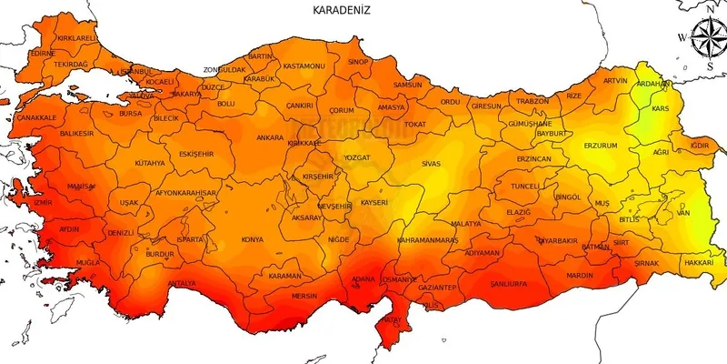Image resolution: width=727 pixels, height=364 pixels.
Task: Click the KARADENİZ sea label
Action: (x=343, y=10)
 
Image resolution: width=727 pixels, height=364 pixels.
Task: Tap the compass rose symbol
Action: (x=705, y=40)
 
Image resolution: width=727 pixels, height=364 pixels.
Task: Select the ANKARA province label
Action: (x=270, y=138)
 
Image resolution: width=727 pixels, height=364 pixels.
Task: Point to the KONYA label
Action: (x=252, y=239)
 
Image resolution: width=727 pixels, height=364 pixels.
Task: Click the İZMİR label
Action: (x=43, y=203)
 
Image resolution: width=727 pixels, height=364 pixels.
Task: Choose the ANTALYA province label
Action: (x=182, y=283)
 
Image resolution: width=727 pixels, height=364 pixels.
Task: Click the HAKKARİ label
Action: (x=699, y=262)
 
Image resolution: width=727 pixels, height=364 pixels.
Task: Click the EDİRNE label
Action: (x=42, y=54)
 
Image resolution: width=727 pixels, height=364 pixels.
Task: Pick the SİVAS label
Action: (x=431, y=164)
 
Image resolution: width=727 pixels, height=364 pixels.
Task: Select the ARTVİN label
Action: (x=615, y=80)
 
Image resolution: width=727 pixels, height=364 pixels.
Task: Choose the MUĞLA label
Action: (x=88, y=262)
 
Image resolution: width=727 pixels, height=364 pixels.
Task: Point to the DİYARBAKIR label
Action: (x=557, y=241)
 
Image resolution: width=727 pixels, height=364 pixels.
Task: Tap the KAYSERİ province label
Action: (x=374, y=202)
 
